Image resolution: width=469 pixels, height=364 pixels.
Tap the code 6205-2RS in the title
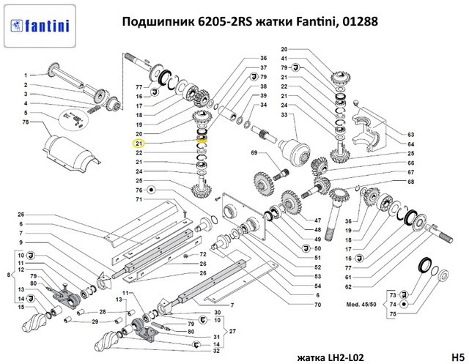tap(221, 22)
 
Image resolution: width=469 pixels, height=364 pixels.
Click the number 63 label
tap(411, 135)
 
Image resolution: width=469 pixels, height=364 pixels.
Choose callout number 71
tap(139, 199)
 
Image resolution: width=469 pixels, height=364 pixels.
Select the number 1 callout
tap(25, 75)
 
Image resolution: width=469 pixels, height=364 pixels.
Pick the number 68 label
tap(411, 182)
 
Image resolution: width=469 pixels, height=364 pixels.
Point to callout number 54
tap(318, 286)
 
